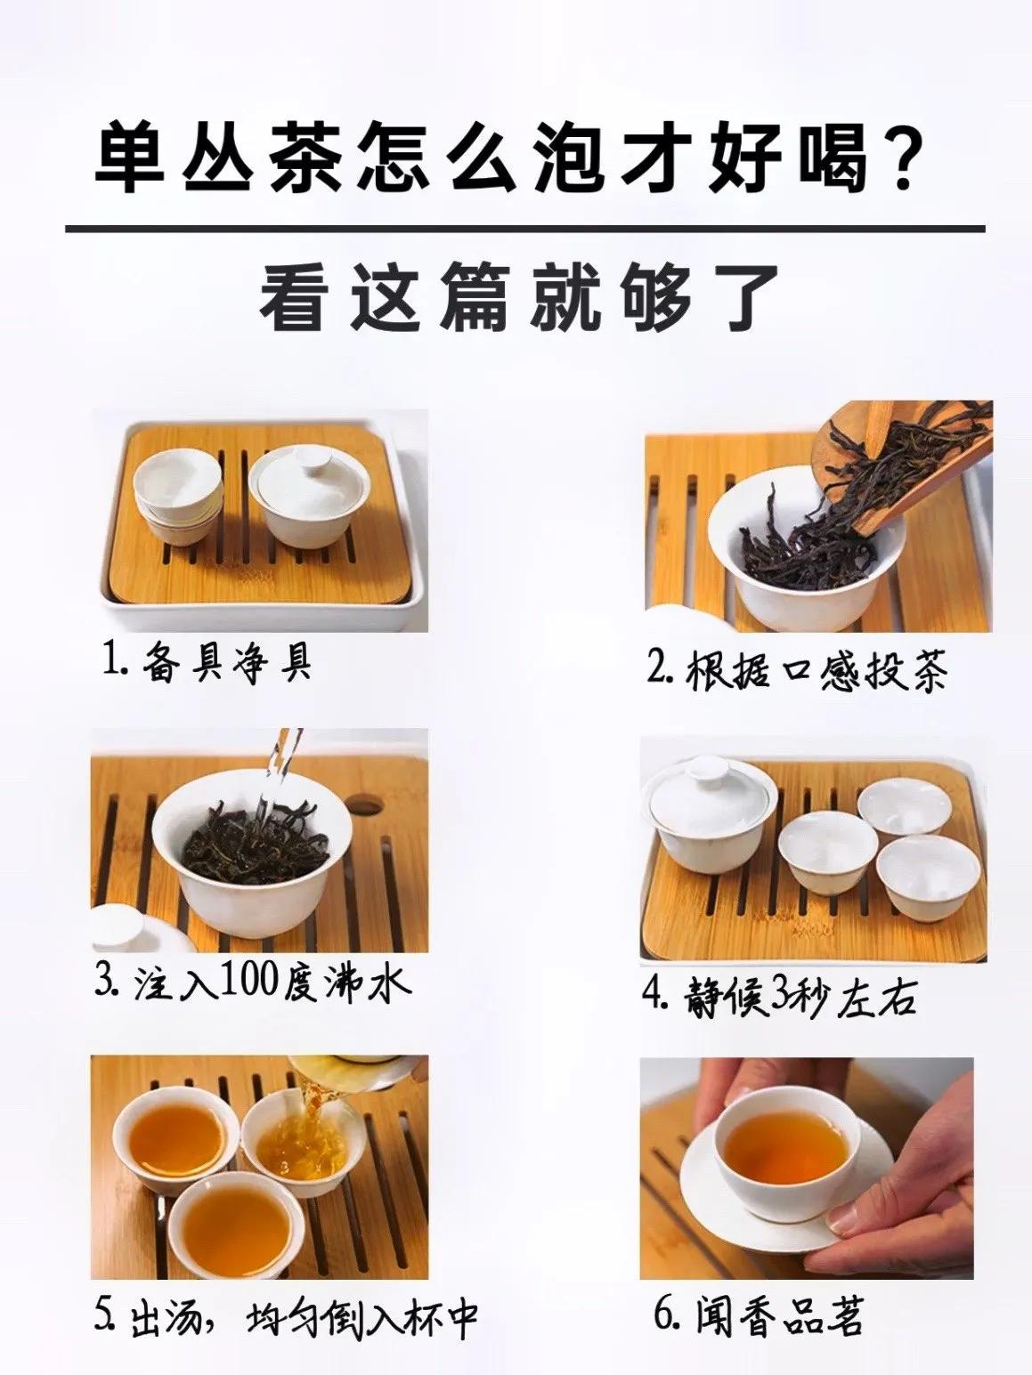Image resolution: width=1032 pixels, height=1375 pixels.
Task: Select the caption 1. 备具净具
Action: point(207,662)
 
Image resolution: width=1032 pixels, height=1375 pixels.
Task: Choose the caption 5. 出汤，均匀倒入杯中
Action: point(286,1316)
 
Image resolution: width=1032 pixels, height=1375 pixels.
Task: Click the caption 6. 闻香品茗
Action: point(758,1316)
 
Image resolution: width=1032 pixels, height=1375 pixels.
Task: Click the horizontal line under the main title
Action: point(525,229)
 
